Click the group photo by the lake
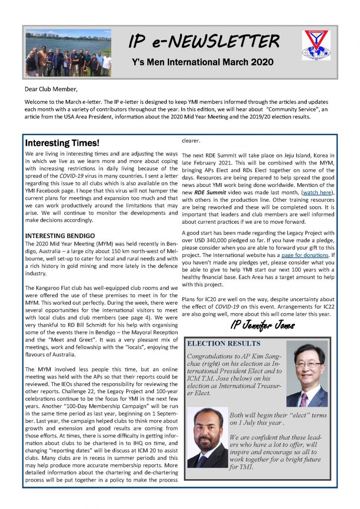point(68,53)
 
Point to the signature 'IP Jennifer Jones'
point(259,326)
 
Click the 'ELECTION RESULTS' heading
point(224,343)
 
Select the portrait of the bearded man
point(208,437)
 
